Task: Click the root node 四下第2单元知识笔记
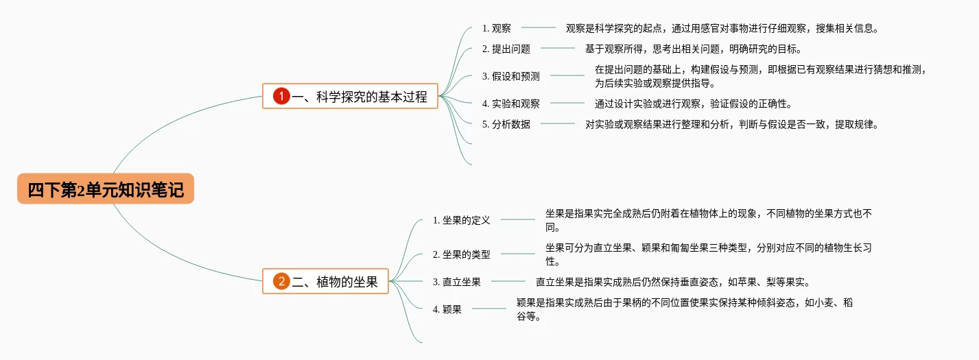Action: pyautogui.click(x=106, y=189)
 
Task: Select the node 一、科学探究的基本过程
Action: pyautogui.click(x=350, y=97)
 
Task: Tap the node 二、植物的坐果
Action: pyautogui.click(x=325, y=281)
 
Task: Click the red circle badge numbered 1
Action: pyautogui.click(x=281, y=97)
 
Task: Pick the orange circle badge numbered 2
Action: pyautogui.click(x=281, y=281)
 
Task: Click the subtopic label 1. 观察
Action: pyautogui.click(x=496, y=28)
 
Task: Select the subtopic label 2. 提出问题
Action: pyautogui.click(x=506, y=49)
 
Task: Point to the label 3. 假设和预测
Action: pyautogui.click(x=510, y=76)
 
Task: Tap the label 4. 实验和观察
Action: pyautogui.click(x=510, y=104)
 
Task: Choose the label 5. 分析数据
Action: pyautogui.click(x=506, y=124)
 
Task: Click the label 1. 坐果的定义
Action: pyautogui.click(x=461, y=220)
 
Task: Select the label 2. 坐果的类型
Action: pyautogui.click(x=461, y=254)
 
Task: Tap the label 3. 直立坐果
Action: pyautogui.click(x=456, y=281)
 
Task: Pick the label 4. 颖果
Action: pyautogui.click(x=447, y=309)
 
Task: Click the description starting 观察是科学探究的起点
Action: pyautogui.click(x=722, y=28)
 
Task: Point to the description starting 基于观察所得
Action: pyautogui.click(x=693, y=49)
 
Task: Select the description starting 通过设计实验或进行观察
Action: pyautogui.click(x=693, y=104)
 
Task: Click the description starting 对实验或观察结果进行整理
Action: pyautogui.click(x=731, y=124)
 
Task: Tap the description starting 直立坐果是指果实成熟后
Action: pyautogui.click(x=672, y=281)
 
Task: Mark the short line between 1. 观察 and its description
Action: pyautogui.click(x=539, y=28)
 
